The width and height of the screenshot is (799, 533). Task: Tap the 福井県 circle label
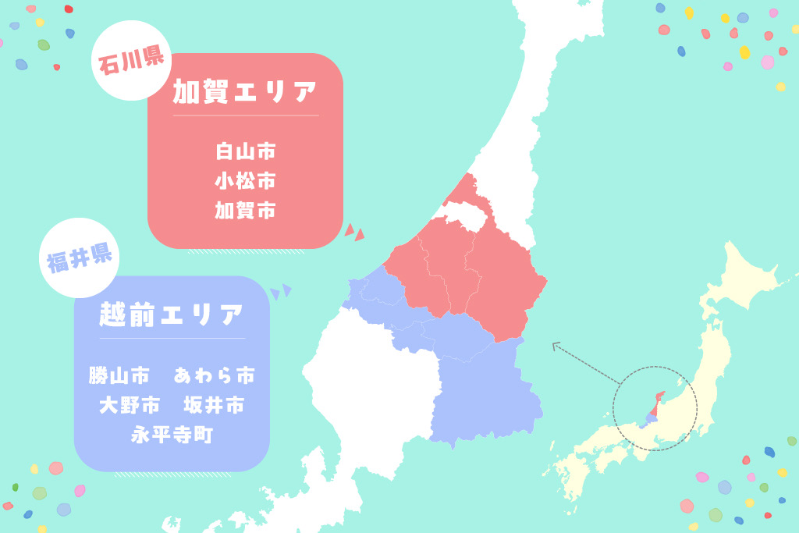coord(78,258)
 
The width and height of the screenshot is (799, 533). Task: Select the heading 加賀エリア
coord(245,93)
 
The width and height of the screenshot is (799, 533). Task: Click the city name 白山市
coord(245,151)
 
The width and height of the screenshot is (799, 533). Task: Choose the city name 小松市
coord(245,181)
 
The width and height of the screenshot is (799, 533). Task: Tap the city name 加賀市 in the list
coord(245,211)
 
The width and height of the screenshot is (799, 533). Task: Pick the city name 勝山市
coord(119,376)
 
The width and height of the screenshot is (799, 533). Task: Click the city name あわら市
coord(214,376)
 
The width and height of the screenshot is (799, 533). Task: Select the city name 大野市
coord(130,406)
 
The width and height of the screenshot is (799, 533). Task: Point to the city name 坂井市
coord(214,406)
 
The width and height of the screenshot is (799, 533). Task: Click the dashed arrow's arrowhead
coord(556,345)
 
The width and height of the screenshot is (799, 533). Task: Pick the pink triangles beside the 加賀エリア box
coord(354,232)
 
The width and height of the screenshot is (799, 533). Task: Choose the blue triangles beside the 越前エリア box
coord(281,292)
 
